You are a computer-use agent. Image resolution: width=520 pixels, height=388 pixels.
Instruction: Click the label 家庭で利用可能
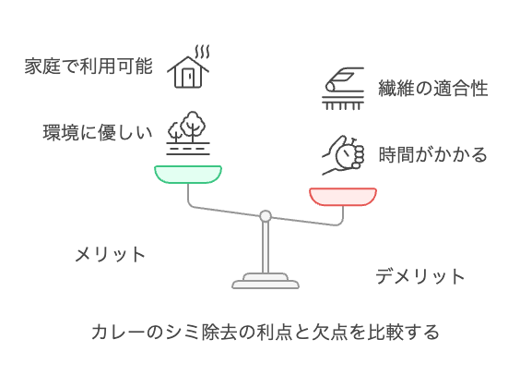(x=89, y=66)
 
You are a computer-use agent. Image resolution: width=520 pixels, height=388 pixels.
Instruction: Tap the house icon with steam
(x=188, y=67)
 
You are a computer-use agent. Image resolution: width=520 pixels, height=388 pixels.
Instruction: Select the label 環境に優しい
(x=98, y=132)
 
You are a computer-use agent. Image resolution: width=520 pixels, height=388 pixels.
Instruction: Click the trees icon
(x=188, y=133)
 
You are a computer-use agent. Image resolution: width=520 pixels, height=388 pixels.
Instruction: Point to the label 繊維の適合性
(x=433, y=89)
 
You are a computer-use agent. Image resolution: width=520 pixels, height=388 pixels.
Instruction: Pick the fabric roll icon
(x=343, y=89)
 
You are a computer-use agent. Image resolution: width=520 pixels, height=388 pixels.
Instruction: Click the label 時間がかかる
(x=432, y=155)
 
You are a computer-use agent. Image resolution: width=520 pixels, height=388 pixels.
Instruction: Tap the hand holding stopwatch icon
(x=343, y=155)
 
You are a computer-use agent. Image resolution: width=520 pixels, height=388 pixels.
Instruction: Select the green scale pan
(x=188, y=175)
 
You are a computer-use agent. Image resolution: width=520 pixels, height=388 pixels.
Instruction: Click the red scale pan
(x=343, y=197)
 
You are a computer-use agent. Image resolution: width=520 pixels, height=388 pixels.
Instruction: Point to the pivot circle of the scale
(x=266, y=216)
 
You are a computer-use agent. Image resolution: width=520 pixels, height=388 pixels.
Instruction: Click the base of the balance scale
(x=266, y=281)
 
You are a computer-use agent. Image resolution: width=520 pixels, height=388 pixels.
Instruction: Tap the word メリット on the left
(x=111, y=255)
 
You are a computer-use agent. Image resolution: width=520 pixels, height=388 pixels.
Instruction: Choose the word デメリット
(x=420, y=276)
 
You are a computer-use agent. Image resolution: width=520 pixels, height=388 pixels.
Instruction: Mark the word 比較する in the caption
(x=403, y=332)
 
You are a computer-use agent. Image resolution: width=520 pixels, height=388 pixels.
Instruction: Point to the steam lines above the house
(x=202, y=52)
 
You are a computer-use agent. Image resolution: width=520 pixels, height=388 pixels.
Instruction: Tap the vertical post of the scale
(x=266, y=248)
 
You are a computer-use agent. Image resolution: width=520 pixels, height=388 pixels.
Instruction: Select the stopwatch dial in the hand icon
(x=345, y=155)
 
